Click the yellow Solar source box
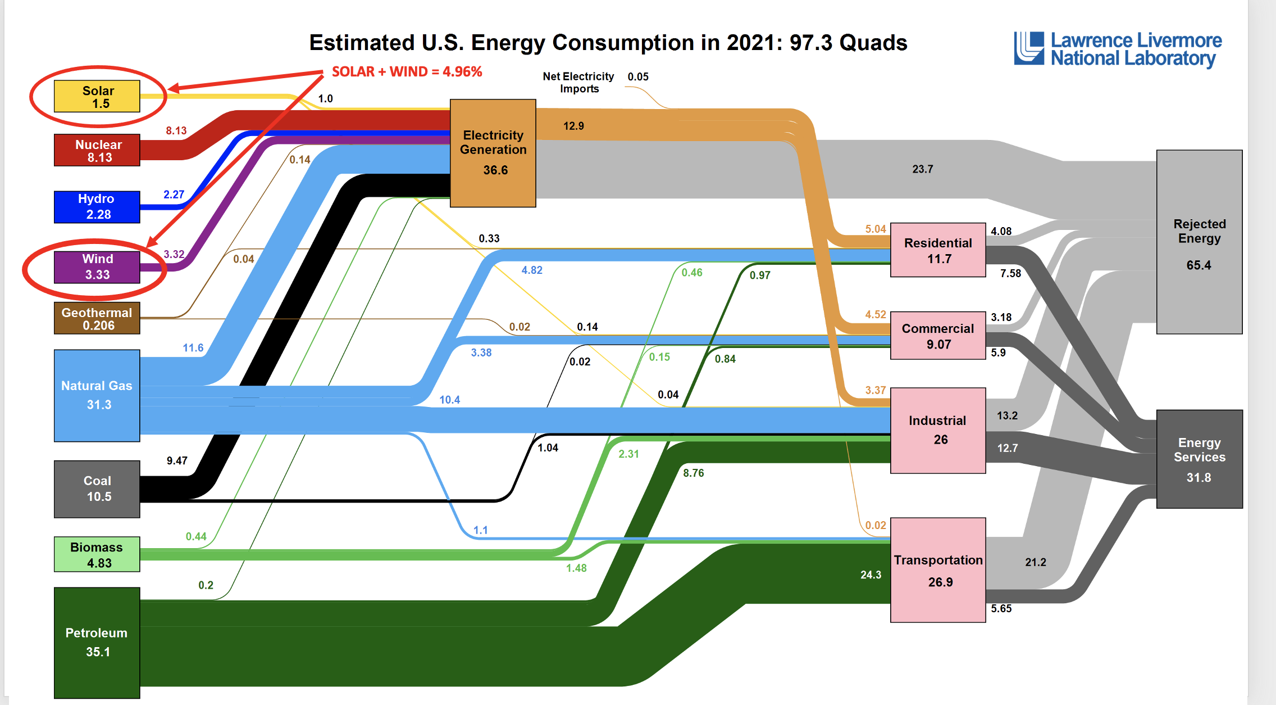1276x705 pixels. [x=97, y=96]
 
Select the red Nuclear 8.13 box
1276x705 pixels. [x=97, y=150]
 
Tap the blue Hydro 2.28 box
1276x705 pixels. [x=97, y=206]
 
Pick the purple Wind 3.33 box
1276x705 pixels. [x=97, y=266]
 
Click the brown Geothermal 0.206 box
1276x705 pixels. [x=97, y=318]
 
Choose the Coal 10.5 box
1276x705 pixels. [x=97, y=489]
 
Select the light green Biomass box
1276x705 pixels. [x=97, y=554]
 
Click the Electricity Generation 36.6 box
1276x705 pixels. [x=493, y=153]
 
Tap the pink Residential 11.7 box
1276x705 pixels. [x=938, y=250]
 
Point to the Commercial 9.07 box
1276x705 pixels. [x=938, y=336]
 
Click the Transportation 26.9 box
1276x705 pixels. [x=938, y=570]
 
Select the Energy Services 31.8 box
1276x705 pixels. [x=1199, y=459]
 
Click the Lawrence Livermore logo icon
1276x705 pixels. [x=1029, y=48]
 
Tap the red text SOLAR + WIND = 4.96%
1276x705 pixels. [x=407, y=72]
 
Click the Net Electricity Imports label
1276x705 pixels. [x=578, y=83]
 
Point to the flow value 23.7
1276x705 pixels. [x=922, y=169]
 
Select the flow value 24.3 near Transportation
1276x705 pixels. [x=871, y=575]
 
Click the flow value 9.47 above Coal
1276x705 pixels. [x=177, y=461]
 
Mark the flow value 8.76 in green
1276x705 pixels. [x=693, y=473]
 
